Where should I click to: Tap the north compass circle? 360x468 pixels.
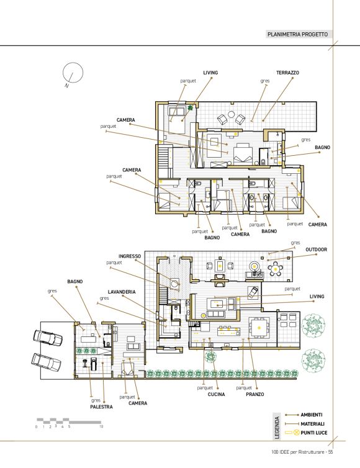[73, 73]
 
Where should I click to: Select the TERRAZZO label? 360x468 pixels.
[287, 73]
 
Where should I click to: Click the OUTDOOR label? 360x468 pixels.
[316, 250]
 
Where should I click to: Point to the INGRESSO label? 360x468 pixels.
[130, 256]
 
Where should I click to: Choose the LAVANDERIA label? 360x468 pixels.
[122, 292]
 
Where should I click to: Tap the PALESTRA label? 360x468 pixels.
[102, 407]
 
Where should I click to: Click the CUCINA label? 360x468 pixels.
[216, 394]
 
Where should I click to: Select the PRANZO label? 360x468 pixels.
[255, 394]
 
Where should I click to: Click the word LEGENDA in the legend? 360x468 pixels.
[277, 428]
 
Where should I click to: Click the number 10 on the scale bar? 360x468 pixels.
[101, 426]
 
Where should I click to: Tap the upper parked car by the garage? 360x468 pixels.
[48, 337]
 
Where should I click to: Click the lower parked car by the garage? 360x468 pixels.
[47, 362]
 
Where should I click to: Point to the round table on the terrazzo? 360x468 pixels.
[232, 114]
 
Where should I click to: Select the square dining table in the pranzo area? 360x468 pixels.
[259, 328]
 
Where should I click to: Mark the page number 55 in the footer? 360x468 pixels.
[330, 452]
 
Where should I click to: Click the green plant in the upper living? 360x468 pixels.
[190, 107]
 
